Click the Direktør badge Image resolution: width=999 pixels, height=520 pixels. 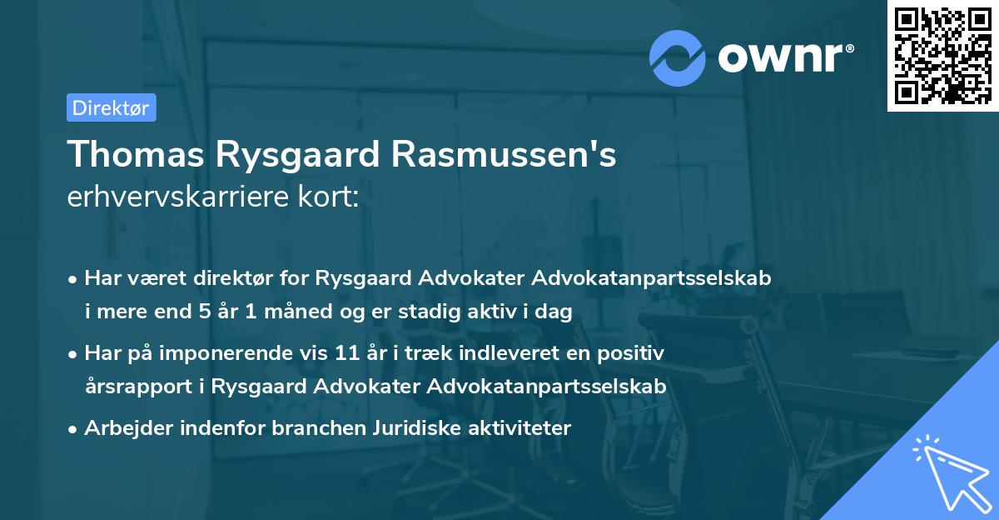(111, 107)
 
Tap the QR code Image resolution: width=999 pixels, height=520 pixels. (942, 55)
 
